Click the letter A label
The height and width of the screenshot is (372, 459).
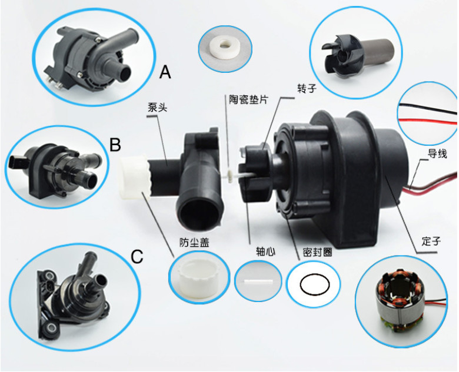point(165,72)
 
